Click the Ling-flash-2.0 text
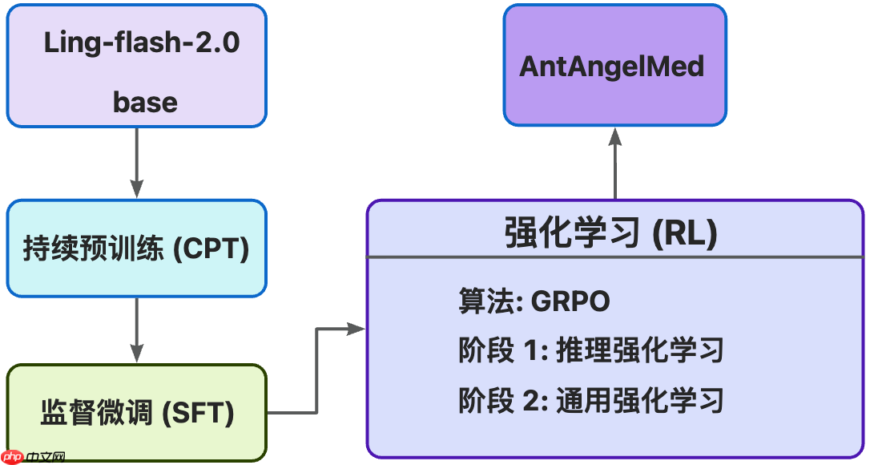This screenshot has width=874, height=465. pos(142,42)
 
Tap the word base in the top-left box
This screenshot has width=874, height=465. pos(145,102)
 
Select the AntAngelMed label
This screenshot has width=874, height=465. pos(612,66)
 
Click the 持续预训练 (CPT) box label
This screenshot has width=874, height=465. pos(136,249)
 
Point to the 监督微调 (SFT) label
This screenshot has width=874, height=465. pos(137,413)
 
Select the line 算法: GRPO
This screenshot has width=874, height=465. pos(534,301)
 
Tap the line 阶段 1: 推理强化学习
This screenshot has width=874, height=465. pos(590,350)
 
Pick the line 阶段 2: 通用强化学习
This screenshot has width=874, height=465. pos(590,399)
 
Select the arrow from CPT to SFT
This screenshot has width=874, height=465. pos(137,330)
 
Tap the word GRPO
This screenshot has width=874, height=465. pos(570,301)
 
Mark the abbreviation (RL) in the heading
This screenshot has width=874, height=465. pos(683,233)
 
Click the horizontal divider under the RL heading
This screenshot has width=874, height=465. pos(614,258)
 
